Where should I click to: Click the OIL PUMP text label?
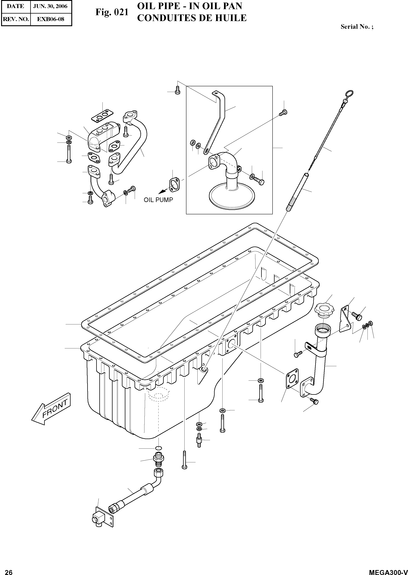158,200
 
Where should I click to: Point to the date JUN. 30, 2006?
51,6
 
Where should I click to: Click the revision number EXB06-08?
51,19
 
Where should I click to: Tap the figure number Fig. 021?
112,12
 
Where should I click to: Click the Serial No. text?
357,27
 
